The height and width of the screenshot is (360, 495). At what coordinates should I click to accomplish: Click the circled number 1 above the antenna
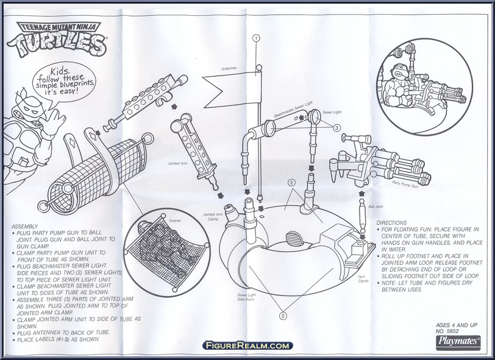257,38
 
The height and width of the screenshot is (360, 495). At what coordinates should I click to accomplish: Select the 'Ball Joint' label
374,207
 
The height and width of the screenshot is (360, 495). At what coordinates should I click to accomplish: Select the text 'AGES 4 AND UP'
461,325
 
